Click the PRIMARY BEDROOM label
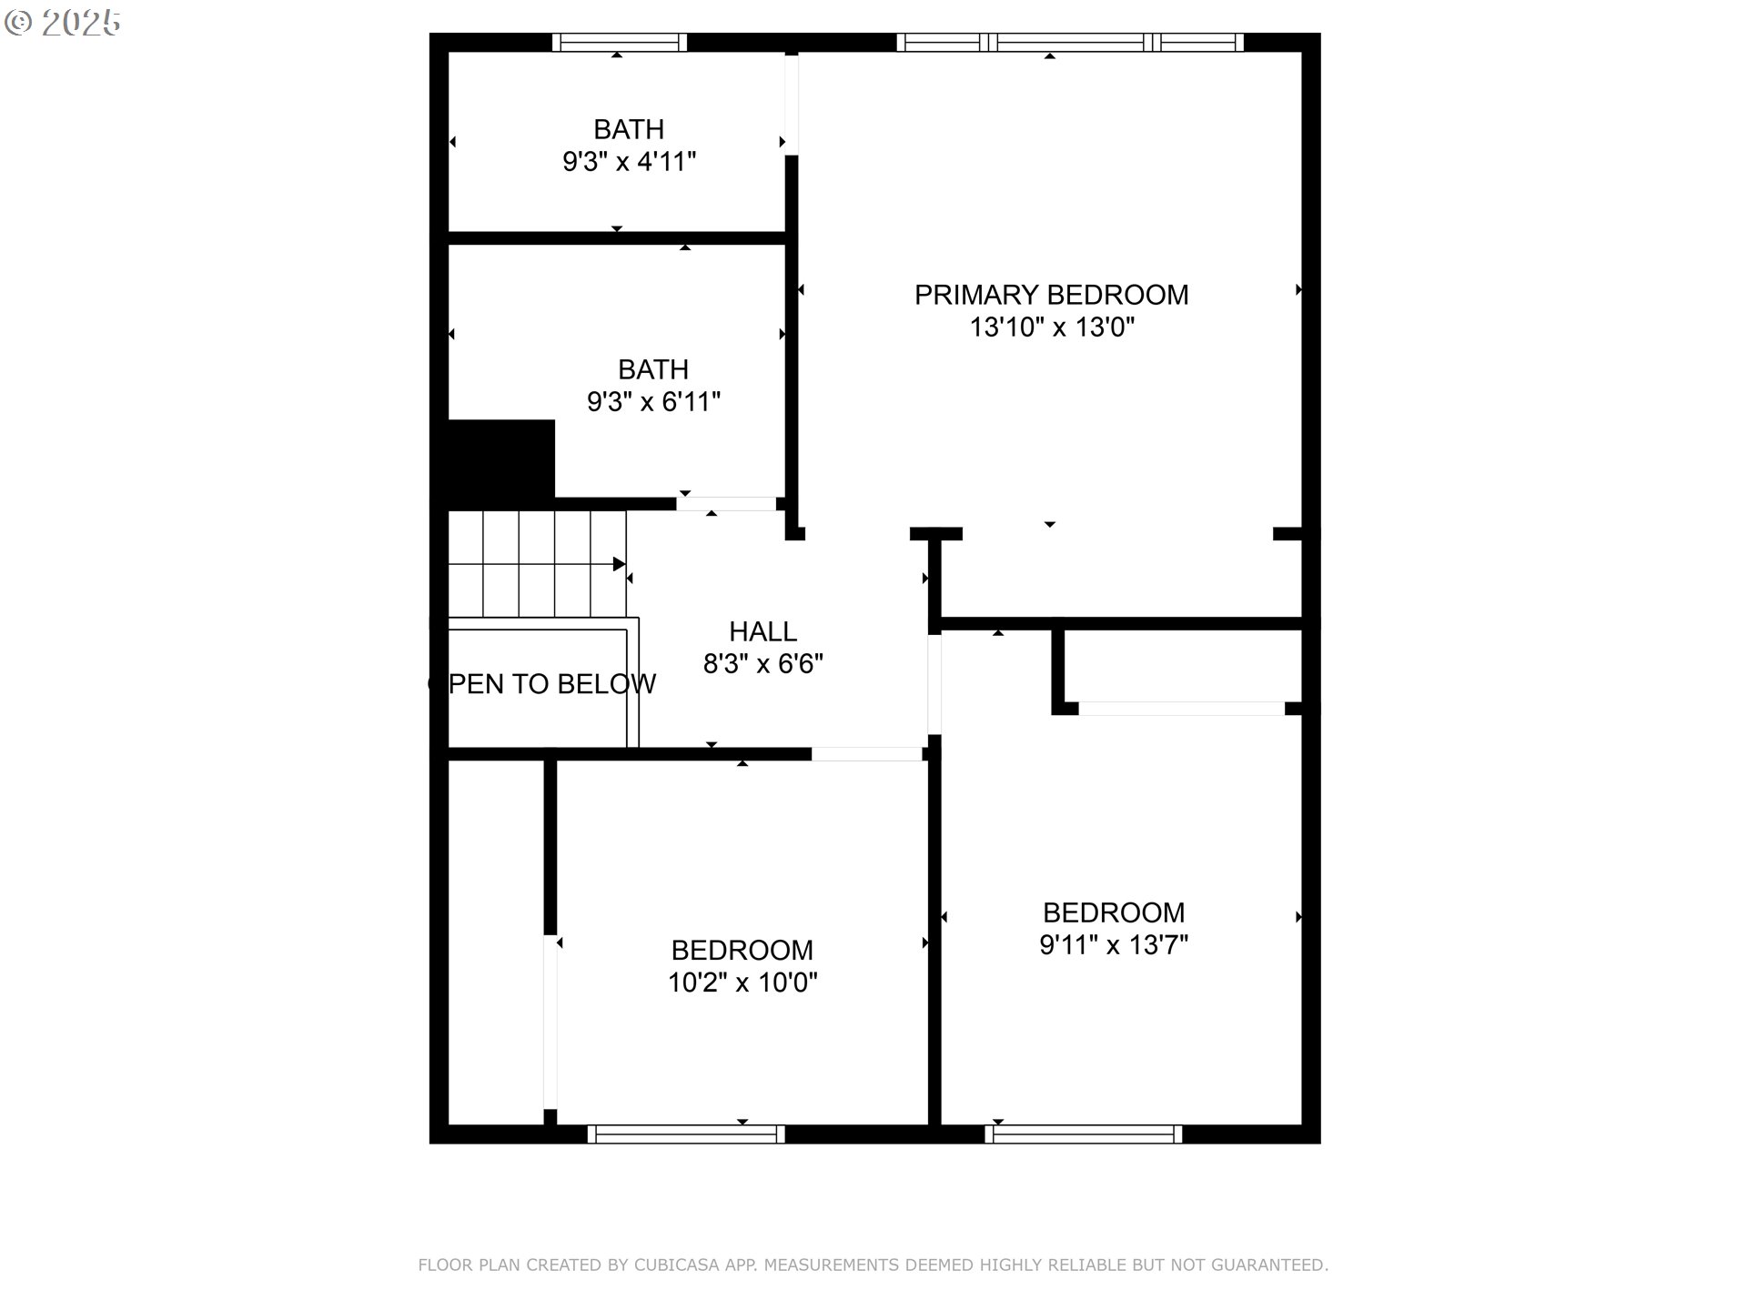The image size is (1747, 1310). [1051, 295]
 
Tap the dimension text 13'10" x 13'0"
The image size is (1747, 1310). [1052, 327]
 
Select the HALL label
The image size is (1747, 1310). [762, 631]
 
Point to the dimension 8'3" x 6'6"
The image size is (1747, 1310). [762, 664]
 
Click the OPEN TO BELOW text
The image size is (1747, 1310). [541, 684]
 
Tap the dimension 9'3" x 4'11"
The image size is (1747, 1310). [629, 162]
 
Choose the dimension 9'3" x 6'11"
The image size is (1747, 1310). [653, 402]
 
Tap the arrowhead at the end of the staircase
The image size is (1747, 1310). [620, 564]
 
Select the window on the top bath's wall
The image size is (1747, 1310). [620, 42]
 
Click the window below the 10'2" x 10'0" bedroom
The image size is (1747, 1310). [686, 1134]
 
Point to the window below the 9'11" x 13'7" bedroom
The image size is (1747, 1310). [1084, 1134]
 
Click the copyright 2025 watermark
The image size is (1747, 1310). [63, 23]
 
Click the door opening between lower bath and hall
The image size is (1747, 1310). [726, 504]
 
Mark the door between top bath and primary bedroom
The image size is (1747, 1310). [792, 104]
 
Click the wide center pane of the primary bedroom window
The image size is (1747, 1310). [1071, 42]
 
